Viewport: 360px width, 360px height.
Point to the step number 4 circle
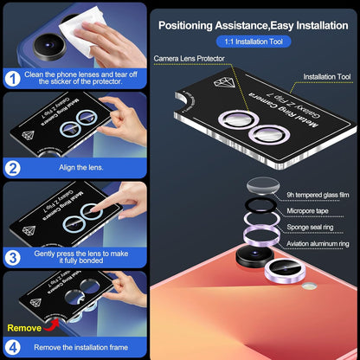click(x=14, y=346)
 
